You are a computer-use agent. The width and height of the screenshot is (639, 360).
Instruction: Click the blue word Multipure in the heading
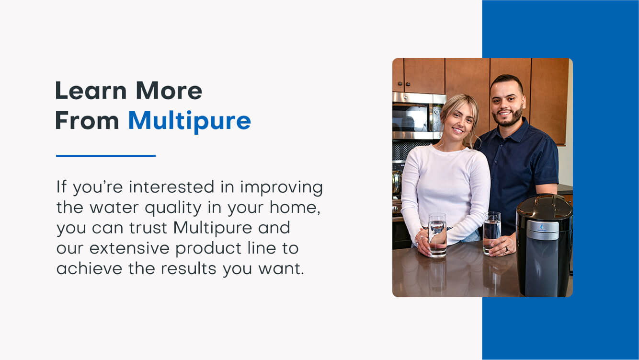point(189,121)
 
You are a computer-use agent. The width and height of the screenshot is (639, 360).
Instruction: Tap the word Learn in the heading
point(91,91)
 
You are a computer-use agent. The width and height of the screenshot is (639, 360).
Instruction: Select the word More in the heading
point(169,91)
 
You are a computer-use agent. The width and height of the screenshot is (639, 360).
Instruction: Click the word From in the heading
point(87,120)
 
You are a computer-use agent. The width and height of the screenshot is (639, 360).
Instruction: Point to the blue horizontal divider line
point(106,156)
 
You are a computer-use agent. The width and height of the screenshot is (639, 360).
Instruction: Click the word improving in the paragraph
point(281,188)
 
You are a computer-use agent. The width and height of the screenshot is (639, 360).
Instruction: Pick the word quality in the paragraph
point(173,208)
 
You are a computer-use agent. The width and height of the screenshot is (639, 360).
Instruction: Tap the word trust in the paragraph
point(148,228)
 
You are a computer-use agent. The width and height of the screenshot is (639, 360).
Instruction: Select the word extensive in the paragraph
point(129,248)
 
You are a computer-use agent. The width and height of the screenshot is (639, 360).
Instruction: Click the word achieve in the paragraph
point(89,268)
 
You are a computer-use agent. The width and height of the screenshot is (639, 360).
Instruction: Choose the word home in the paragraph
point(293,207)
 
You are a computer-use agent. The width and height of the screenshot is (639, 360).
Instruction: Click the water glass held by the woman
point(437,235)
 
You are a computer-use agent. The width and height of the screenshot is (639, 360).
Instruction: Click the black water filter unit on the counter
point(544,246)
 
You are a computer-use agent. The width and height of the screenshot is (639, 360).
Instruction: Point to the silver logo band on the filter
point(542,230)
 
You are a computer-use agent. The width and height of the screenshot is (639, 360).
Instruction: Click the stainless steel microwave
point(418,116)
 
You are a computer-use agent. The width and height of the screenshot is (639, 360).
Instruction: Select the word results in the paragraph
point(189,268)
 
